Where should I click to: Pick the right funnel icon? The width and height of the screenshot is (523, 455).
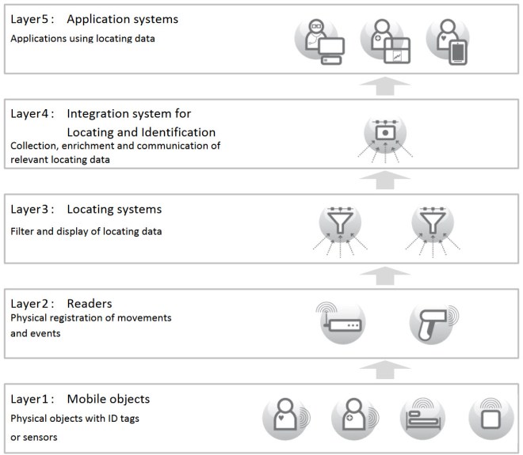pos(431,224)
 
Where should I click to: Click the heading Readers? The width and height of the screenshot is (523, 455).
pos(90,303)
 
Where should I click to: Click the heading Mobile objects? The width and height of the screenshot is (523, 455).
pos(108,398)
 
